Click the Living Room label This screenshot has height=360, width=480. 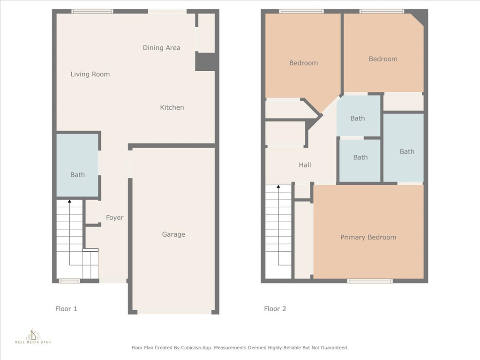coord(90,74)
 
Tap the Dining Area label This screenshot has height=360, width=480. coord(161,48)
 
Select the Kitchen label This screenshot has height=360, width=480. coord(172,107)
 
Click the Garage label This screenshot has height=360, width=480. coord(173,234)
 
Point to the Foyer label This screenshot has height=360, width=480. coord(115,217)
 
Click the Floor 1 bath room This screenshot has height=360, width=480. coord(77,165)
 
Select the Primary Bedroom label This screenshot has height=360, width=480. coord(368,237)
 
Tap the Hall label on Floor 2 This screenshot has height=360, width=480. coord(305,165)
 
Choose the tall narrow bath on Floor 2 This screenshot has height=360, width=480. coord(404,148)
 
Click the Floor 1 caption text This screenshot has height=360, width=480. coord(66,308)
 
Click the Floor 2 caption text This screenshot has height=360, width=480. coord(275,308)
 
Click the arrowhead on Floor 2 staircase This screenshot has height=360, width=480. coord(278,187)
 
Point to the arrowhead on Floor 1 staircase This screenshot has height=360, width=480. coord(70,202)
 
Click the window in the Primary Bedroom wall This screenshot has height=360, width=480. coord(370,281)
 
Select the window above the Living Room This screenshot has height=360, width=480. coord(92,11)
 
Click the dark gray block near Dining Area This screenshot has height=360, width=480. coord(205,62)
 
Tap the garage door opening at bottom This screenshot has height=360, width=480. coord(174,312)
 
